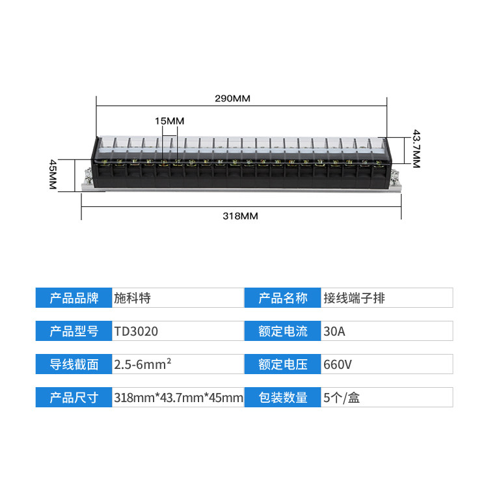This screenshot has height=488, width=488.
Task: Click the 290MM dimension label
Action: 232,99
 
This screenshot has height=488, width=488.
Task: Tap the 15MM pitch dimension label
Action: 170,121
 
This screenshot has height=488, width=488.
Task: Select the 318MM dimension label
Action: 241,216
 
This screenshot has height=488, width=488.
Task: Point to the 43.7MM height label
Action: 416,149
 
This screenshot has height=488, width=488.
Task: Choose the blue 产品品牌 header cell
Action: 74,298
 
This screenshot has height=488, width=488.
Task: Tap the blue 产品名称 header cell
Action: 282,298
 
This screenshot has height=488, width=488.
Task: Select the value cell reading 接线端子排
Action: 354,298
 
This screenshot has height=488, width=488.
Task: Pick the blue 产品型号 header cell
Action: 74,331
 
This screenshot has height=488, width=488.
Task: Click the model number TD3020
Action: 136,331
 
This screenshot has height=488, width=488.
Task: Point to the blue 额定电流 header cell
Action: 282,331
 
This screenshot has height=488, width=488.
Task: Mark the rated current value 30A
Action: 334,331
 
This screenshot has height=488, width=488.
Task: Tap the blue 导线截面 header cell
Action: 74,364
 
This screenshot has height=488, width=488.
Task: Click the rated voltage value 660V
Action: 338,364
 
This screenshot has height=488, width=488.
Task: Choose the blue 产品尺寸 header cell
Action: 74,398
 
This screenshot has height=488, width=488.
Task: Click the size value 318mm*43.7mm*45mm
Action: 178,398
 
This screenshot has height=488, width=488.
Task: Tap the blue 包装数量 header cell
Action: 282,398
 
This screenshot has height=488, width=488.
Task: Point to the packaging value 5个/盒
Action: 342,398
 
